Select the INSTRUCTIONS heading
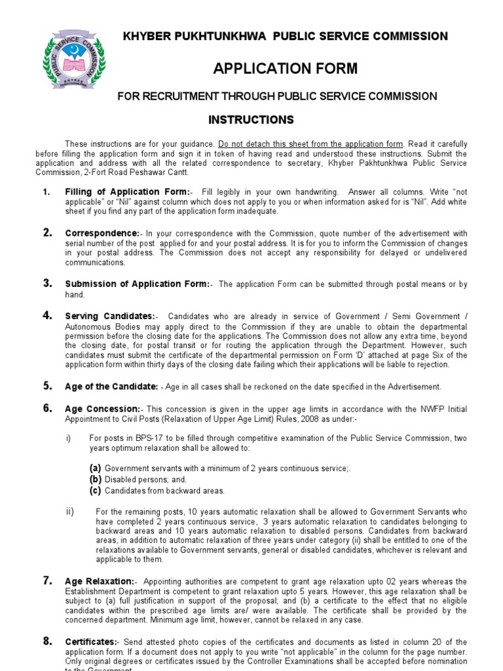click(242, 120)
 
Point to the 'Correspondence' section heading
click(102, 233)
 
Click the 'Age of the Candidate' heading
click(111, 387)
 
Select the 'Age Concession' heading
click(102, 409)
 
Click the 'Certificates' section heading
click(91, 643)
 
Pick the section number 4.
click(47, 316)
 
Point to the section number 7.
click(47, 581)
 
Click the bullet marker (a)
click(96, 468)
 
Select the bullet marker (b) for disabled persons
click(96, 479)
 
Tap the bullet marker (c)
click(96, 490)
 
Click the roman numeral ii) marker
click(71, 511)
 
